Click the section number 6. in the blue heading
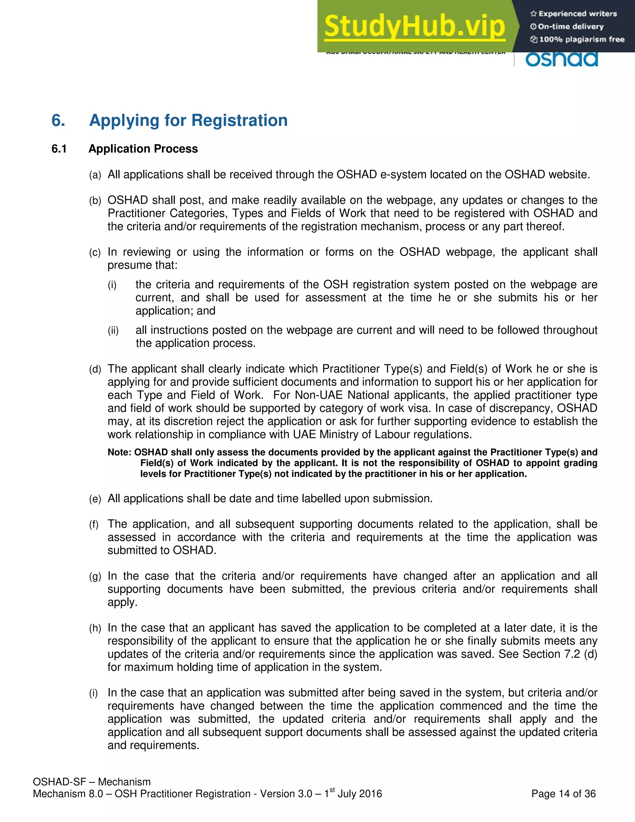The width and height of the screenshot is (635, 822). pyautogui.click(x=58, y=120)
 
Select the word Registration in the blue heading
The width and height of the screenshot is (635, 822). pyautogui.click(x=239, y=120)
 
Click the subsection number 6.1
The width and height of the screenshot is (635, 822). pyautogui.click(x=59, y=149)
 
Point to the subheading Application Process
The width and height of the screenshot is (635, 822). pyautogui.click(x=143, y=149)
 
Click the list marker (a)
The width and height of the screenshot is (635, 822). pyautogui.click(x=95, y=175)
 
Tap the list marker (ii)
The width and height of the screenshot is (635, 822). pyautogui.click(x=113, y=331)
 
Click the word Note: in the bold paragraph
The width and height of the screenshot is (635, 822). pyautogui.click(x=119, y=452)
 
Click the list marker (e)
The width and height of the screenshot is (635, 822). pyautogui.click(x=95, y=499)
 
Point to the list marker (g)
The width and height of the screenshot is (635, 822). pyautogui.click(x=95, y=577)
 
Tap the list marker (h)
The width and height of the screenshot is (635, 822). pyautogui.click(x=95, y=628)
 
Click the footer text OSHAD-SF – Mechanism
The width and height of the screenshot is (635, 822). pyautogui.click(x=92, y=782)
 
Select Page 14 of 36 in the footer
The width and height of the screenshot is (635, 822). pyautogui.click(x=563, y=794)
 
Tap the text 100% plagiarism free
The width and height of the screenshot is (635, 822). pyautogui.click(x=581, y=39)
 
